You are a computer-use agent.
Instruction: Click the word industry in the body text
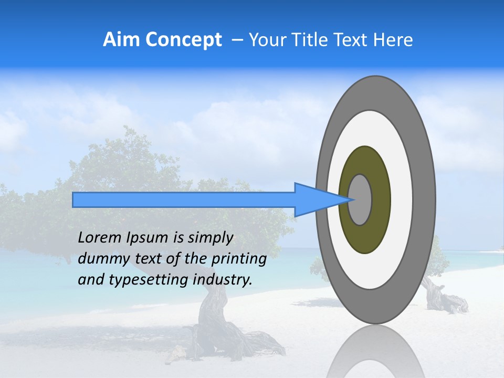(x=223, y=280)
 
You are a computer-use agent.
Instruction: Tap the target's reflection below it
(x=375, y=354)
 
